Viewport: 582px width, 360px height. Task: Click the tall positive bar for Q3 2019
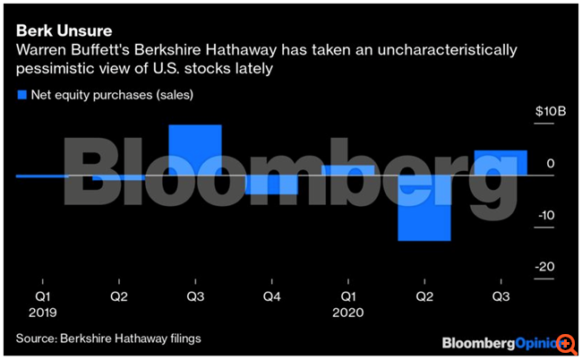195,150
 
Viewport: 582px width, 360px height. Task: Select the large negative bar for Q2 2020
424,208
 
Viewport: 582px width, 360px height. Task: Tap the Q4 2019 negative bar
272,184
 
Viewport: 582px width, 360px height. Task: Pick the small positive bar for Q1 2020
348,170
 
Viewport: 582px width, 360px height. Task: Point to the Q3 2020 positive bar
501,162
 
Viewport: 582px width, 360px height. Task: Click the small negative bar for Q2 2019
118,177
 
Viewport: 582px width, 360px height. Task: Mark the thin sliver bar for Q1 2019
42,176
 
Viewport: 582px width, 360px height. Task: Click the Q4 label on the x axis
271,295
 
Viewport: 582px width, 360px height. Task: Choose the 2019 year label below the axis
42,313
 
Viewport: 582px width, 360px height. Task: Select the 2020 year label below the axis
347,313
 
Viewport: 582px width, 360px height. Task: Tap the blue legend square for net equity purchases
20,94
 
